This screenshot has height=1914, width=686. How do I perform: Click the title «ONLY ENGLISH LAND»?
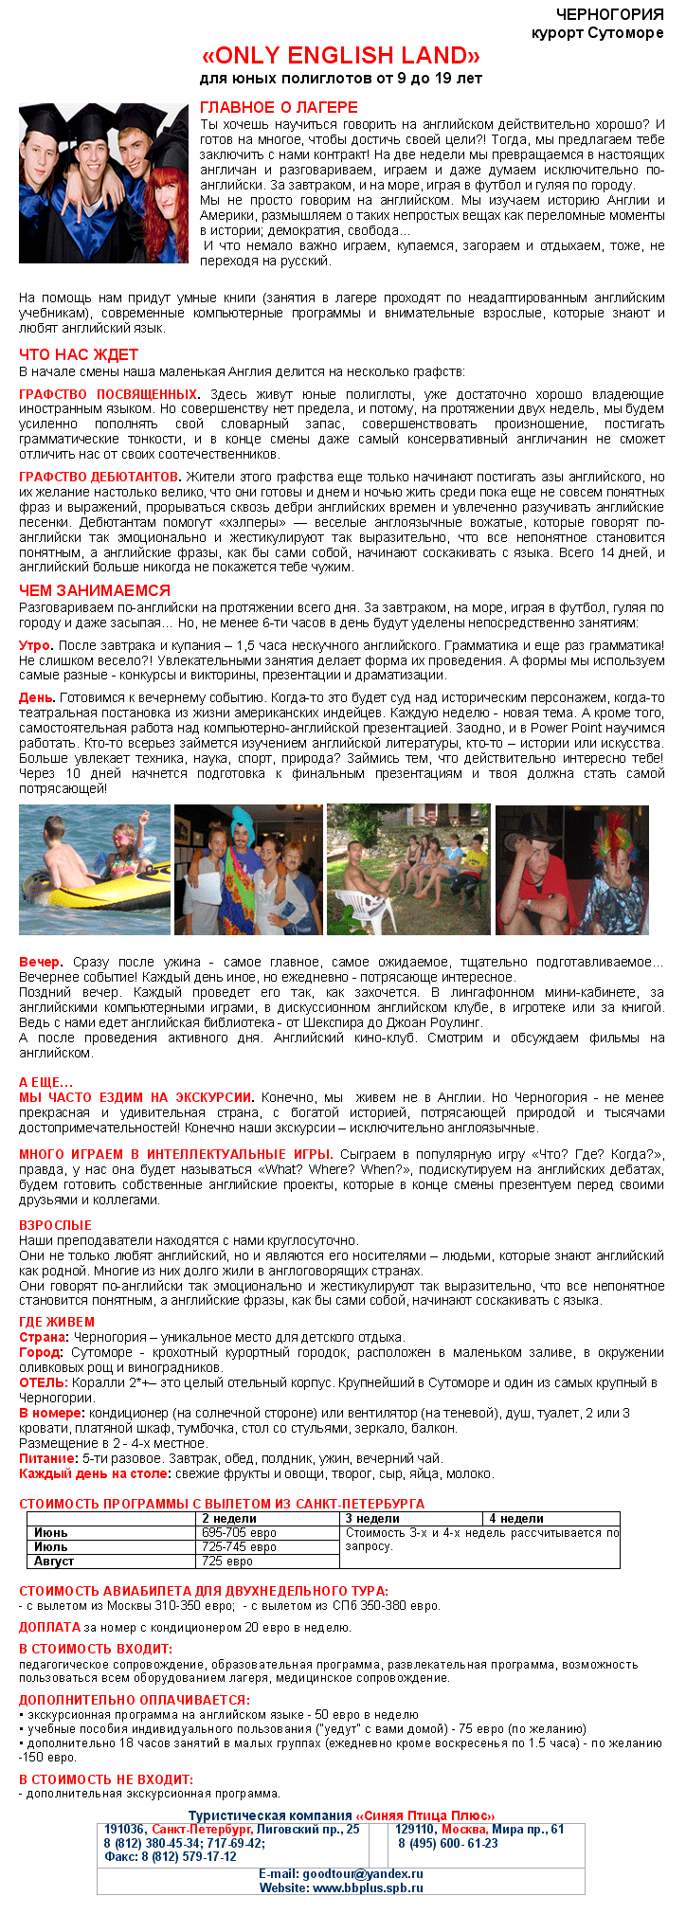(341, 55)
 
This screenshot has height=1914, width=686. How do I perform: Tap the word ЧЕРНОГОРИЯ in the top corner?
(609, 14)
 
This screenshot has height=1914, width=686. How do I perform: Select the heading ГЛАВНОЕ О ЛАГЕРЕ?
(279, 107)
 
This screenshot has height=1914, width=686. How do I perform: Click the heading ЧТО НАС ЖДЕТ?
(79, 354)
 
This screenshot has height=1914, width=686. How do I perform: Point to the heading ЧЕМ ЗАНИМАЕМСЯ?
(95, 590)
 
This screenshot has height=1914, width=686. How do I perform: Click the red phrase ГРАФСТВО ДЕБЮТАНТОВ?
(99, 477)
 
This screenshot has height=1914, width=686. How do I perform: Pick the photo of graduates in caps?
(104, 182)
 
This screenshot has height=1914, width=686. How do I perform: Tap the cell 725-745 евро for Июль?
(239, 1546)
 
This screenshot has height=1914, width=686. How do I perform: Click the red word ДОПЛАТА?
(49, 1627)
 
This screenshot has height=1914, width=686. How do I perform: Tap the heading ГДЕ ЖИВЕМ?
(57, 1322)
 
